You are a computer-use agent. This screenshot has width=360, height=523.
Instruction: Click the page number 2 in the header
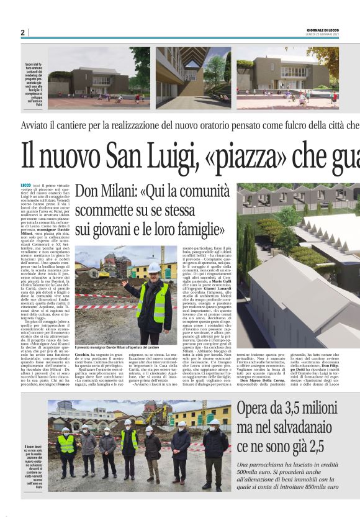tap(22, 32)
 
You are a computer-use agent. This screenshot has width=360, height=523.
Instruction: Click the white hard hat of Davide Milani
tap(153, 268)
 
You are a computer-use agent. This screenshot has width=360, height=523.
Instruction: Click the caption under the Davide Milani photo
tap(117, 347)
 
